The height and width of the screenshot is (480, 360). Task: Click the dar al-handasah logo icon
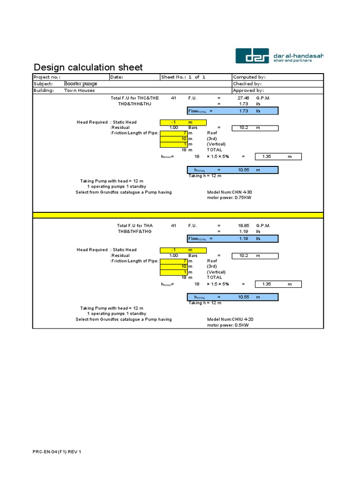(x=252, y=56)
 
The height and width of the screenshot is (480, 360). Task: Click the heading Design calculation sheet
(x=88, y=67)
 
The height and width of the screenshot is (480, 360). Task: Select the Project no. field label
(x=47, y=77)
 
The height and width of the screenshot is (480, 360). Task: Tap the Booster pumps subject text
(x=81, y=83)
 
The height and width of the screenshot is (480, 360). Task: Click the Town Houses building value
(x=79, y=90)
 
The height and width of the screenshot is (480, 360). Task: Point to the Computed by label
(x=249, y=77)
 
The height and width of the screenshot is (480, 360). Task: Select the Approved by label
(x=248, y=90)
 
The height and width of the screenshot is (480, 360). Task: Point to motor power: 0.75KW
(x=229, y=198)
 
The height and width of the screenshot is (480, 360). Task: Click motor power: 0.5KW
(x=228, y=325)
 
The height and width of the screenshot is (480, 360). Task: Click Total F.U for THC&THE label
(x=135, y=98)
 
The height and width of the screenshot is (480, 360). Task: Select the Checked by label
(x=247, y=83)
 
